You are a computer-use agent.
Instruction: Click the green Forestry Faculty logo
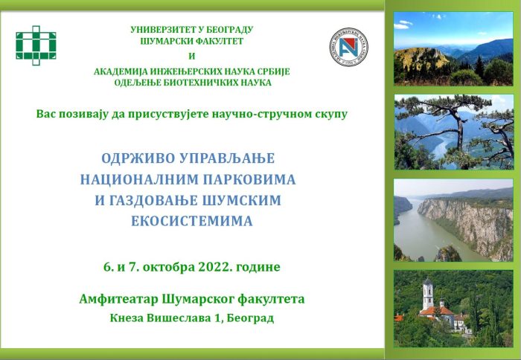36,45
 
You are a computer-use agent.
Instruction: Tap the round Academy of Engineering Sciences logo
348,47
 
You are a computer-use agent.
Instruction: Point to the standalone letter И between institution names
192,57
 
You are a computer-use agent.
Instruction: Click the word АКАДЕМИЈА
121,71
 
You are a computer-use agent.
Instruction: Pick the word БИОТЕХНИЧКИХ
199,83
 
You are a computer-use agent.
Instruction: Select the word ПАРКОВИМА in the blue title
249,179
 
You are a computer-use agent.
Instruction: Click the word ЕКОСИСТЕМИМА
192,221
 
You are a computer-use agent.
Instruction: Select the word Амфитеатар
119,299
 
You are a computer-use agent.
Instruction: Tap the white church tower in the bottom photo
428,294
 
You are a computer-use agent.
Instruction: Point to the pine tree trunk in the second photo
460,133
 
